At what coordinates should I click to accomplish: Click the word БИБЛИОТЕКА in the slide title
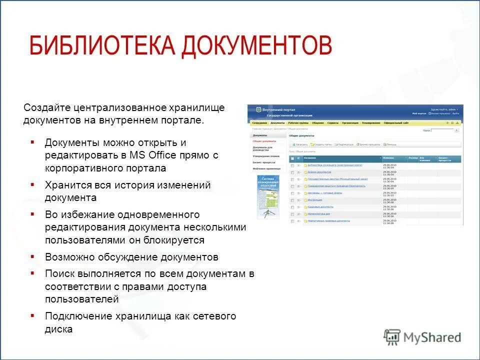pos(102,46)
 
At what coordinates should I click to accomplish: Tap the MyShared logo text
pos(432,337)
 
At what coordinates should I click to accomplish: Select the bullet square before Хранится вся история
pos(32,184)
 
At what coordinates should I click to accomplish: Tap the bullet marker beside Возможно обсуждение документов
pos(32,257)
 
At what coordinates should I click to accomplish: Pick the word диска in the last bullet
pos(58,329)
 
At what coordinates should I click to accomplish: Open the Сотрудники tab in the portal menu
pos(259,123)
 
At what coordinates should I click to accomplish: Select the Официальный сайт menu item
pos(396,123)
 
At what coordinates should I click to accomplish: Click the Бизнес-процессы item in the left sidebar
pos(264,162)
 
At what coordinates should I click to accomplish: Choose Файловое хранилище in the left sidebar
pos(266,169)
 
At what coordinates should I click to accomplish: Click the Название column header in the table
pos(310,158)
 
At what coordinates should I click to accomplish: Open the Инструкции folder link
pos(314,199)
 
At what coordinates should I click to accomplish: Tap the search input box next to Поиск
pos(442,130)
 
